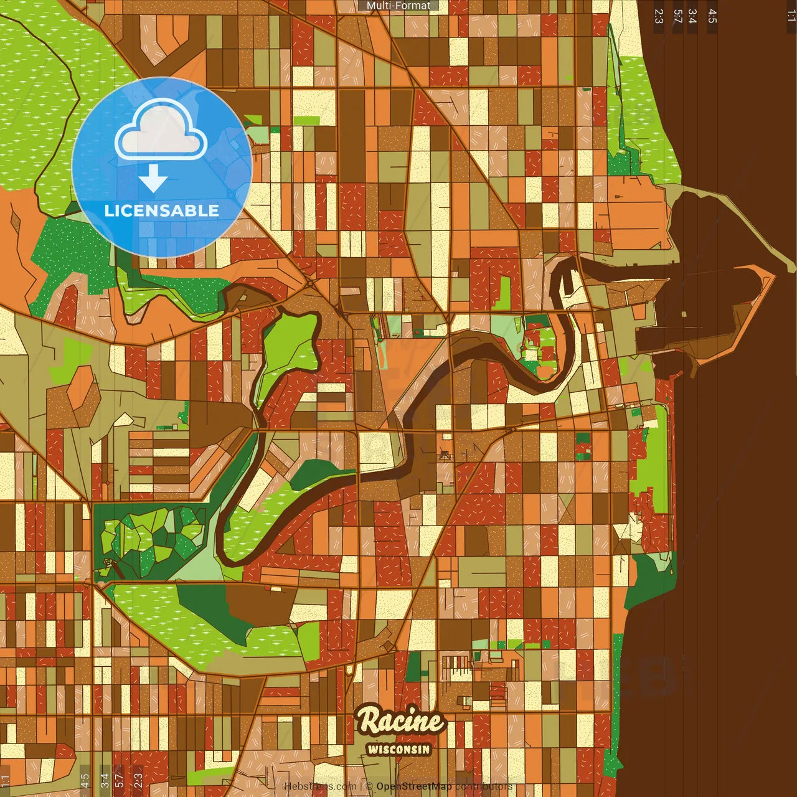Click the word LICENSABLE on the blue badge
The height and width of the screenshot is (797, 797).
(x=161, y=210)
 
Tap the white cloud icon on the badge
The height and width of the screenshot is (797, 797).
(x=161, y=131)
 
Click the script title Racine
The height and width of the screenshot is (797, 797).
(x=401, y=722)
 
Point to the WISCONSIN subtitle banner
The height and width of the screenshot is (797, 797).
(x=398, y=749)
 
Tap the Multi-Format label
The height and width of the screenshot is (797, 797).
(x=398, y=6)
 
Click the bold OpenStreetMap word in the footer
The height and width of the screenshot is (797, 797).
(x=414, y=786)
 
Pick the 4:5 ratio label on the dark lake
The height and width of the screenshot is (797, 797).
(x=712, y=16)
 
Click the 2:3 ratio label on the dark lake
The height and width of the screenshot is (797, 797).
(x=659, y=16)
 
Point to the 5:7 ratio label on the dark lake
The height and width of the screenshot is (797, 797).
(x=677, y=16)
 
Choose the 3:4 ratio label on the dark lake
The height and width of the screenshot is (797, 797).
(x=692, y=16)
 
